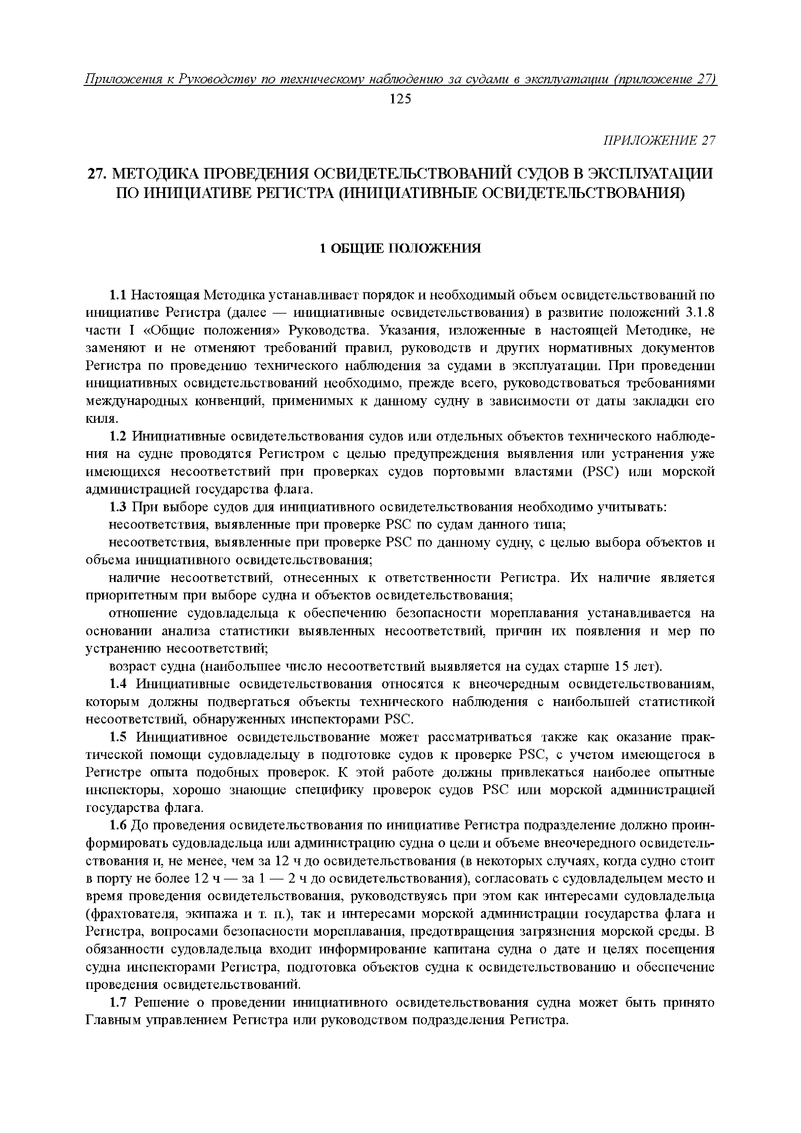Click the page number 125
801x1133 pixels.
tap(400, 99)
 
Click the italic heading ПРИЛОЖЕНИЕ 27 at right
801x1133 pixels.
tap(659, 140)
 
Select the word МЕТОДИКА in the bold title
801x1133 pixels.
tap(157, 174)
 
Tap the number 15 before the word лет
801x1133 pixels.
tap(622, 667)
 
